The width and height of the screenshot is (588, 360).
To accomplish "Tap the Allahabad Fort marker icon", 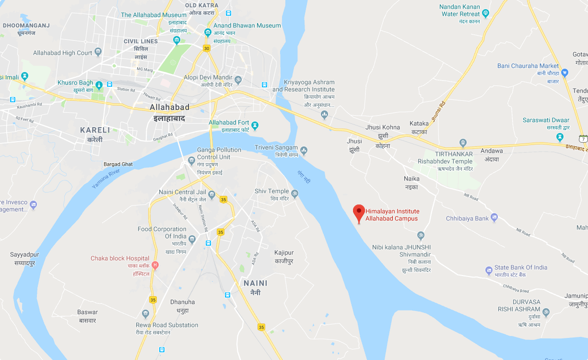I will [x=255, y=125].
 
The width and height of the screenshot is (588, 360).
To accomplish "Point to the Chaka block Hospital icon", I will [x=154, y=265].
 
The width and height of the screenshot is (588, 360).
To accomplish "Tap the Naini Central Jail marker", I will [x=212, y=194].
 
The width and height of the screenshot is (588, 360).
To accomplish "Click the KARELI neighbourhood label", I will [x=95, y=130].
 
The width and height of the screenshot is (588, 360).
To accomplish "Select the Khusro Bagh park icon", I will [x=99, y=85].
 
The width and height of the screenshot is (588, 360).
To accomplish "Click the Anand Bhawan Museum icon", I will [x=208, y=33].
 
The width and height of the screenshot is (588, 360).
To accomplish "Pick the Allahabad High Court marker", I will [x=98, y=52].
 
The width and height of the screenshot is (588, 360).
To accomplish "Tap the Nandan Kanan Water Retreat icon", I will [x=486, y=13].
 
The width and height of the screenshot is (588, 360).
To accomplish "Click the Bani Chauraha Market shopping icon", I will [x=564, y=73].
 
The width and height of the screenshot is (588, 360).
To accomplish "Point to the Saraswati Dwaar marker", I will [x=560, y=137].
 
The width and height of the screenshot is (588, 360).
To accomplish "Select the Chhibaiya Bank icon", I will [x=494, y=218].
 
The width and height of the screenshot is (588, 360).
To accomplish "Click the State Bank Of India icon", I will [x=489, y=270].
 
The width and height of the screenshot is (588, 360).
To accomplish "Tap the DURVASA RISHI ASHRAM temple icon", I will [x=546, y=312].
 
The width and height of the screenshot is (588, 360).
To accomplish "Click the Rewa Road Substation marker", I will [x=146, y=314].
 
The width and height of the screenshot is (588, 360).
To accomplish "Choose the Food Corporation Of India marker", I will [x=192, y=239].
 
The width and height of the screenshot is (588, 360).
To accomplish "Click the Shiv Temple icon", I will [x=295, y=194].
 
